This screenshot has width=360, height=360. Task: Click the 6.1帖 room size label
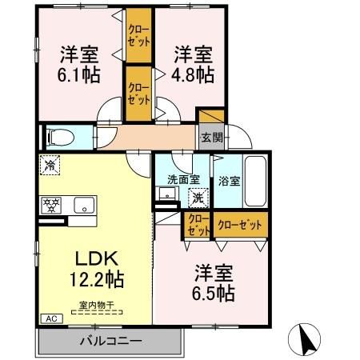pyautogui.click(x=78, y=74)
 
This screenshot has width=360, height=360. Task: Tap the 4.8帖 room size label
pyautogui.click(x=194, y=74)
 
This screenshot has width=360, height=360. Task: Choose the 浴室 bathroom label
pyautogui.click(x=230, y=181)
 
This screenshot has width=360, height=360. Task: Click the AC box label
pyautogui.click(x=50, y=319)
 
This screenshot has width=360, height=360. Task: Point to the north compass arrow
pyautogui.click(x=306, y=339)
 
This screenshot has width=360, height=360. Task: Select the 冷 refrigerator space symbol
pyautogui.click(x=50, y=166)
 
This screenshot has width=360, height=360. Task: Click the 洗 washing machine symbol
pyautogui.click(x=195, y=196)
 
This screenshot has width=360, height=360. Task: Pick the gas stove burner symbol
pyautogui.click(x=51, y=204)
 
